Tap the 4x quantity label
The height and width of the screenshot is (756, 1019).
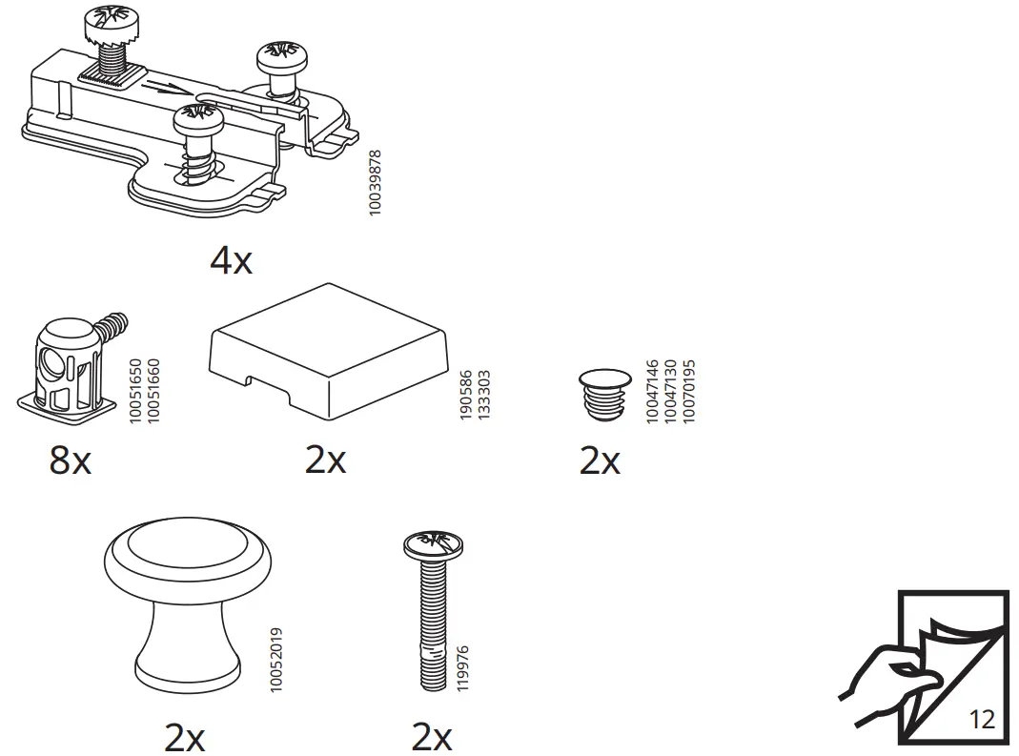231,260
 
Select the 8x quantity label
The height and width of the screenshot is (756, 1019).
70,461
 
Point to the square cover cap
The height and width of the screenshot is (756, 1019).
328,350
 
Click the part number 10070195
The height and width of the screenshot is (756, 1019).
689,391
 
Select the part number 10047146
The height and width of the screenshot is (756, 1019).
653,391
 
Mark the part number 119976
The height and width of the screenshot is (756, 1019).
462,668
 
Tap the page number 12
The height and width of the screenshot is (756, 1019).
981,718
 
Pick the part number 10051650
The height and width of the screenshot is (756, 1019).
135,391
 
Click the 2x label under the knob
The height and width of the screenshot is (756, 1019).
184,737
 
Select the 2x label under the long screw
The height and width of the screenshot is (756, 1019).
431,737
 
